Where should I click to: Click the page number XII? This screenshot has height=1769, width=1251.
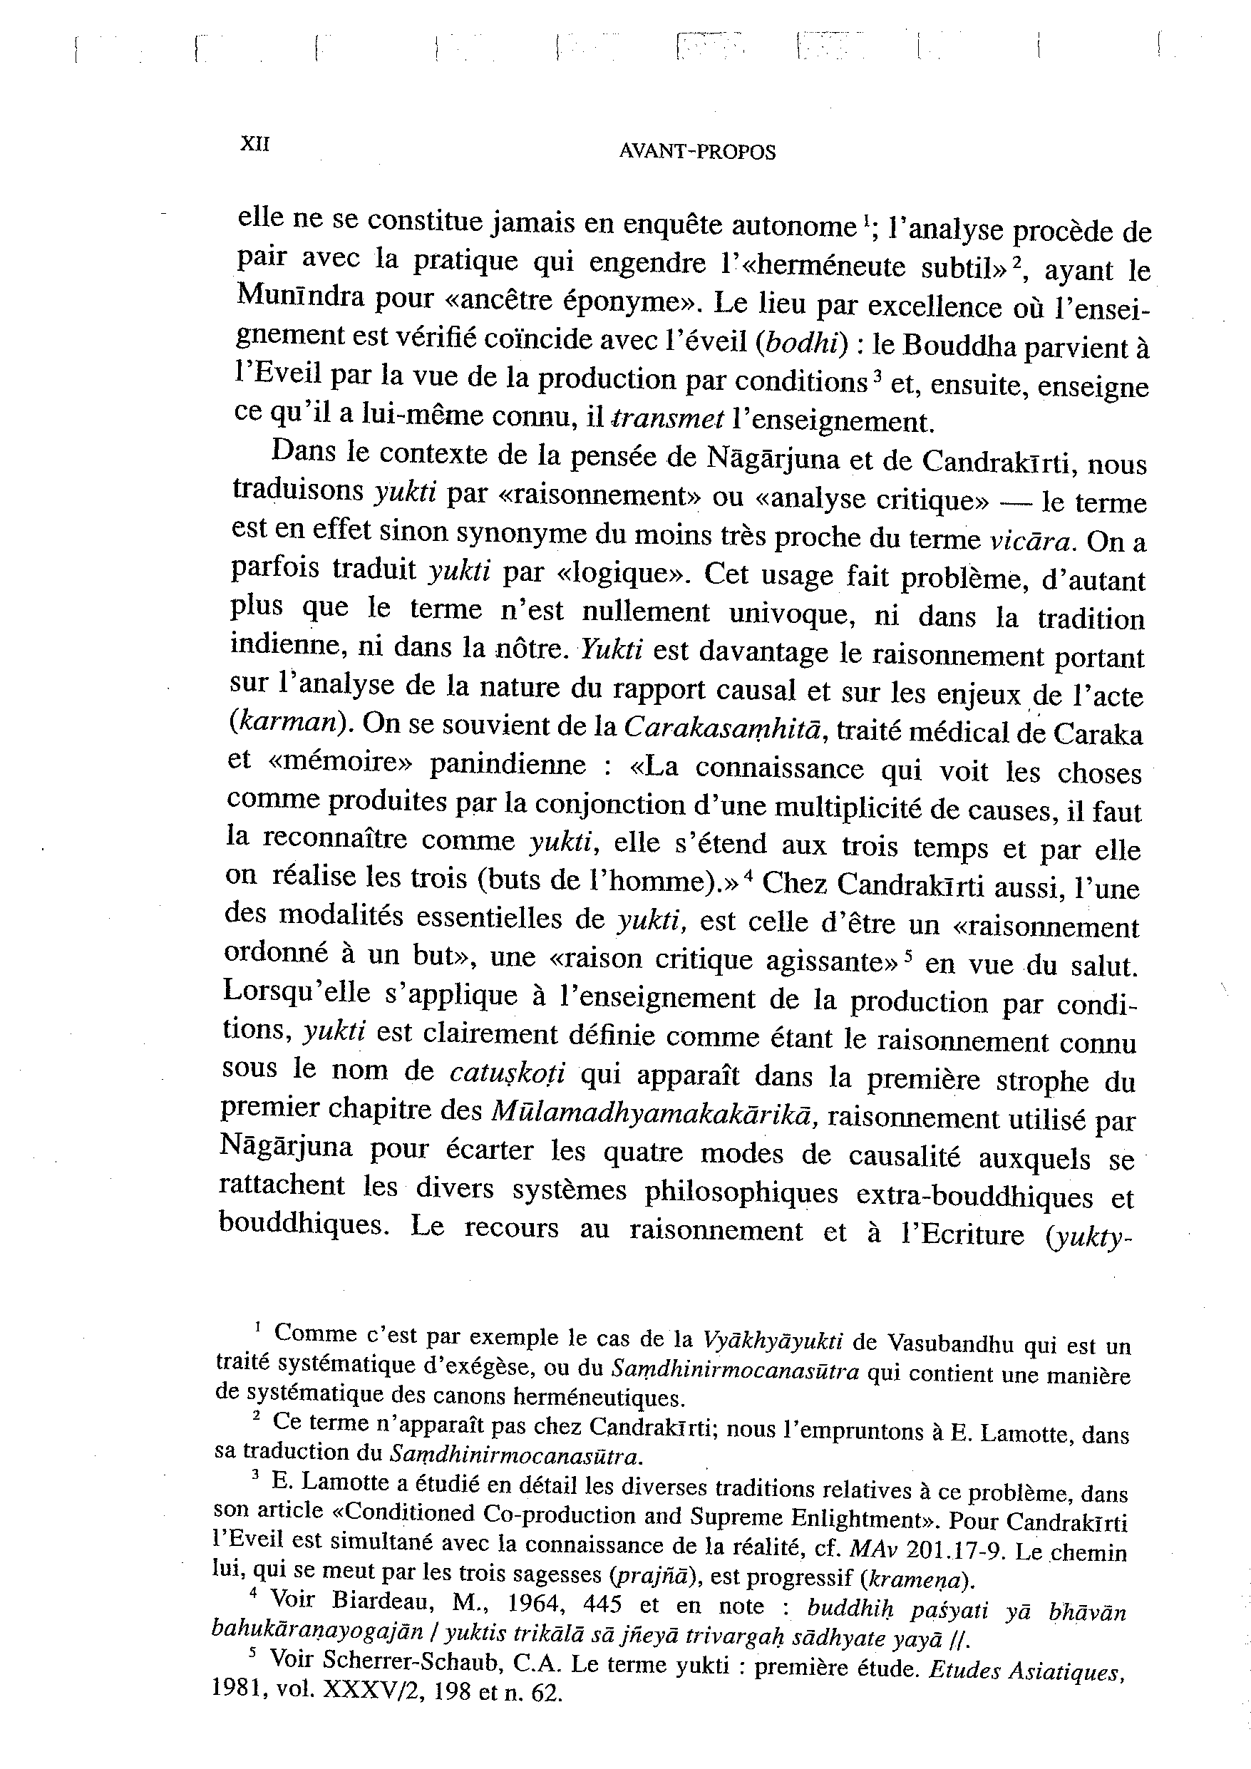click(255, 144)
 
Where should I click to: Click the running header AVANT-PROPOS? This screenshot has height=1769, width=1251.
click(697, 153)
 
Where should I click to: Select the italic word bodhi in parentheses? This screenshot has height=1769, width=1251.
click(800, 344)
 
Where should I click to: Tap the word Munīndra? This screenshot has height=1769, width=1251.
click(300, 296)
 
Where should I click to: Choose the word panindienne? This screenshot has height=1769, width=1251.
click(508, 764)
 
